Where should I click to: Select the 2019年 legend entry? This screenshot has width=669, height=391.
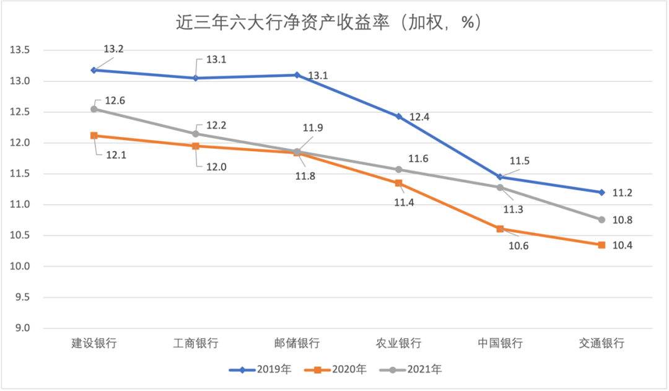(260, 370)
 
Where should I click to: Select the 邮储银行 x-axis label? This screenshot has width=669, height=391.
(297, 343)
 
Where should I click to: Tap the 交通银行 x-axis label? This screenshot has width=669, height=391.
(601, 343)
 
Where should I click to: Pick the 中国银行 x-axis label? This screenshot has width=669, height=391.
(500, 343)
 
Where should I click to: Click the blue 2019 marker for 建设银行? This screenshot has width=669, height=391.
(94, 70)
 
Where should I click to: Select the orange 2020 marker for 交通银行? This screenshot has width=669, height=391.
(601, 245)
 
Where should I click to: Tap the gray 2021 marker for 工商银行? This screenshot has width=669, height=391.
(196, 134)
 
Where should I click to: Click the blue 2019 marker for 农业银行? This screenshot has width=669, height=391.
(399, 116)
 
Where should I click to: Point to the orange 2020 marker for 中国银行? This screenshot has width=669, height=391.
(500, 229)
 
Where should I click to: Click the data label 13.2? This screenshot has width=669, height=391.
(113, 49)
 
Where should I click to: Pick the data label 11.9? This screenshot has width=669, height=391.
(313, 128)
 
